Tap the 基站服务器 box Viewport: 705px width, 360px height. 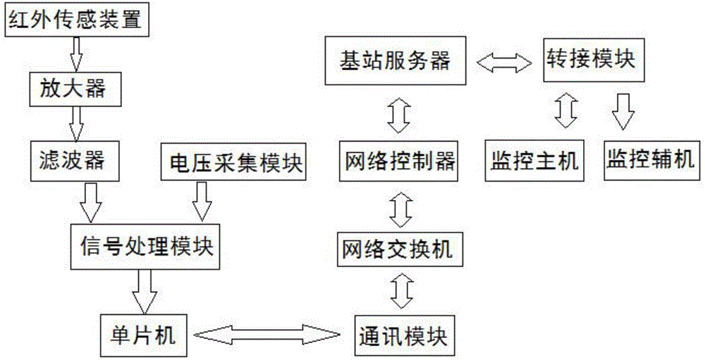pos(396,61)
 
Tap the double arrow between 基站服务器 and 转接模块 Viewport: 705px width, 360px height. pos(503,63)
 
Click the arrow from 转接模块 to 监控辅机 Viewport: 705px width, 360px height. pos(622,112)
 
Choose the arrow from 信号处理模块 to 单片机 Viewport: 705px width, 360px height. pos(147,291)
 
